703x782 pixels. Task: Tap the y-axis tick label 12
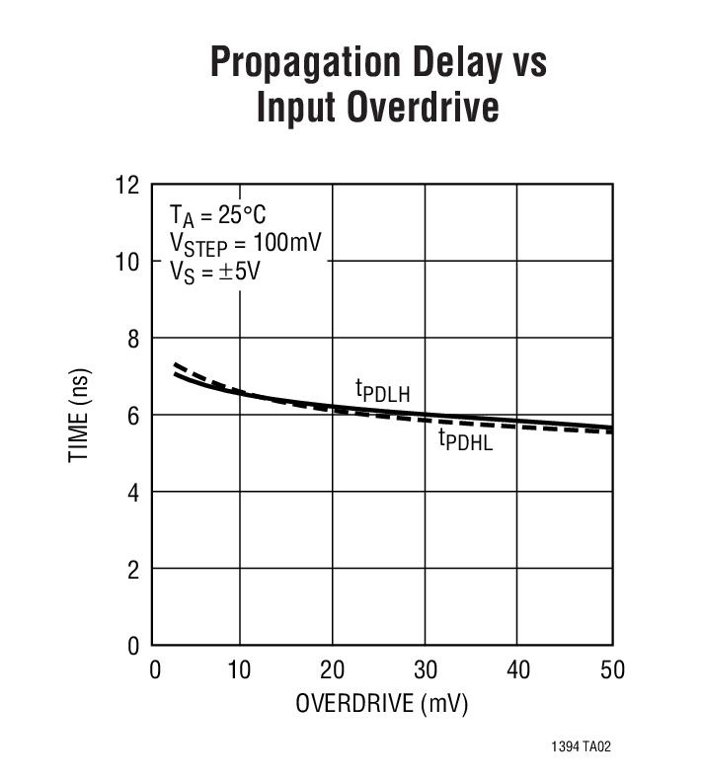[128, 185]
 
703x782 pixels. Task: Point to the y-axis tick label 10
[128, 262]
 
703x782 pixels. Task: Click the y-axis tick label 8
[133, 339]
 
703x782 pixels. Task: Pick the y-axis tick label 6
[133, 416]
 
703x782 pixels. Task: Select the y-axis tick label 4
[133, 492]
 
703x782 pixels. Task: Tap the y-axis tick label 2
[133, 569]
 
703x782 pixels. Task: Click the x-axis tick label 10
[240, 670]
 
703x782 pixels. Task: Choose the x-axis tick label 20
[333, 670]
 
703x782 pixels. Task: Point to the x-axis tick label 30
[426, 670]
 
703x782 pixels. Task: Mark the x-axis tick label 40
[518, 670]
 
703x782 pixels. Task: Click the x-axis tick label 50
[611, 670]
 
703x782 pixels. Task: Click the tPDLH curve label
[375, 391]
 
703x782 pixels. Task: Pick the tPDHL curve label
[465, 440]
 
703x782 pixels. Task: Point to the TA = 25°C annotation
[218, 216]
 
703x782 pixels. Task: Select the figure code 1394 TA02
[582, 748]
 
